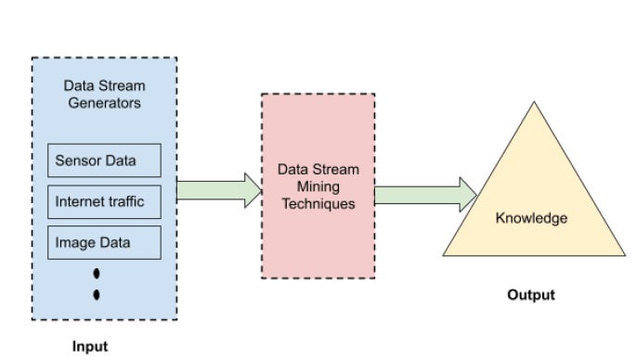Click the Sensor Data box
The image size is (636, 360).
click(x=104, y=161)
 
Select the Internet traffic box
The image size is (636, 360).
click(x=104, y=201)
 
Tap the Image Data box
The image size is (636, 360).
click(x=104, y=242)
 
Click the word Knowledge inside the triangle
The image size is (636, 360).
click(x=531, y=219)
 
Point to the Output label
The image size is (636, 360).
click(x=531, y=295)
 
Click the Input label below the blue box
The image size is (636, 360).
click(x=90, y=346)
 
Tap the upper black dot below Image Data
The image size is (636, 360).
click(x=97, y=276)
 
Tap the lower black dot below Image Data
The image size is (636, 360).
click(x=97, y=295)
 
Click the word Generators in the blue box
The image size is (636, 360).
click(x=104, y=103)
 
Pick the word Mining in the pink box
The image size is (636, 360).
click(x=318, y=187)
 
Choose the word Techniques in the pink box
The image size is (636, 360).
click(x=318, y=204)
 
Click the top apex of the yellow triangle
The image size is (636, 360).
click(x=534, y=103)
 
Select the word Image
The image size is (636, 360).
click(x=74, y=242)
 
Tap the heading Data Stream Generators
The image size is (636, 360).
click(x=104, y=95)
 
